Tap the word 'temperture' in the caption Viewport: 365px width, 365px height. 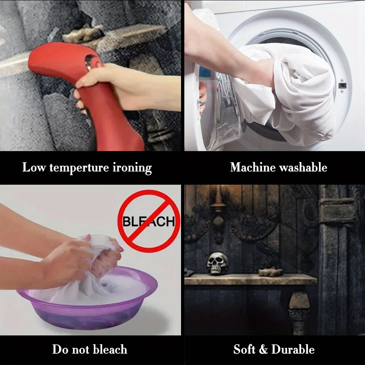[x=79, y=168]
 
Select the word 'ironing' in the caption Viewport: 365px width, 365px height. [x=132, y=168]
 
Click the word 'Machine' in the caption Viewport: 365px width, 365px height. [x=253, y=167]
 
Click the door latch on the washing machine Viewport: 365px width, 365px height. [x=342, y=86]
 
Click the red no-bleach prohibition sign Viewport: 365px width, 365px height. [x=149, y=221]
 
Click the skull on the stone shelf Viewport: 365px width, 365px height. [x=218, y=263]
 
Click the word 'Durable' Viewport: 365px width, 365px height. [x=293, y=349]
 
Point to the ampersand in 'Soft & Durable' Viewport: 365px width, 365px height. [x=263, y=349]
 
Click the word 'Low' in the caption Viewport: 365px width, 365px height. [x=34, y=168]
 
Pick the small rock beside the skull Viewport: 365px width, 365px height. [x=271, y=272]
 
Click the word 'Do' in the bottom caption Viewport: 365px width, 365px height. [x=60, y=349]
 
